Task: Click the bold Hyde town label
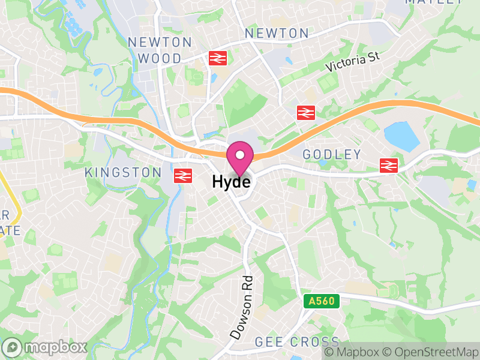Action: [231, 181]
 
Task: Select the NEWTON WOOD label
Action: [160, 50]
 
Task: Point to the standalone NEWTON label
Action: [277, 34]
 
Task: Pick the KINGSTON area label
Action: [123, 173]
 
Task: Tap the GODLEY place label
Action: [332, 155]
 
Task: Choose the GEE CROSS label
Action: [289, 342]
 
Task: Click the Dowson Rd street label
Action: [241, 306]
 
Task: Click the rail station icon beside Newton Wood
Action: [217, 58]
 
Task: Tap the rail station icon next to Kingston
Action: [182, 175]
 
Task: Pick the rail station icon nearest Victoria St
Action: [306, 112]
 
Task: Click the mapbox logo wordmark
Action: [45, 347]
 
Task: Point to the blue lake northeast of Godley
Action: [402, 136]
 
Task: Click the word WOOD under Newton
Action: [160, 58]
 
